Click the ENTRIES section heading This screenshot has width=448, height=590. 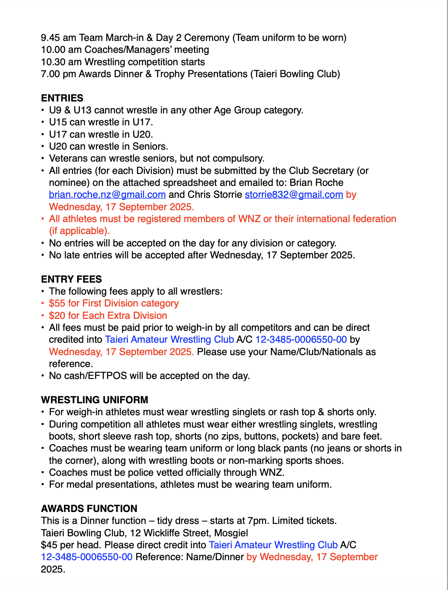[x=62, y=98]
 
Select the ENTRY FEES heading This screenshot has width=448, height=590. [x=71, y=279]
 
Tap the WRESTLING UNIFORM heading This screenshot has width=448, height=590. [x=95, y=400]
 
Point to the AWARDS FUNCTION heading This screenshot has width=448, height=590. [x=89, y=509]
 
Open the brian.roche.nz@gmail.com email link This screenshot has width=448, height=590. [x=107, y=195]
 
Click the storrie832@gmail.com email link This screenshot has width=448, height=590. [x=294, y=195]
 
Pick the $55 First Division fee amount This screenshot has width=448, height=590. [x=57, y=304]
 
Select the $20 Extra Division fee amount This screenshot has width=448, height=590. [x=57, y=315]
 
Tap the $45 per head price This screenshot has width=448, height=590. [x=49, y=545]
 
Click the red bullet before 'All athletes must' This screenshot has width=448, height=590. [x=43, y=219]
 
